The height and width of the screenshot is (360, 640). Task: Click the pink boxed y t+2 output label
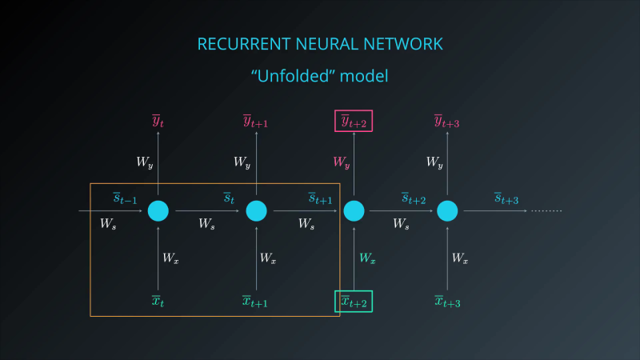354,122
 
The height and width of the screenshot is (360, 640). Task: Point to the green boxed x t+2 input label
354,302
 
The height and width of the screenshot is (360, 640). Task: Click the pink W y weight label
342,162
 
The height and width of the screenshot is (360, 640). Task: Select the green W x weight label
367,258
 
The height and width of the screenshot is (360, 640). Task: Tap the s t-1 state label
125,198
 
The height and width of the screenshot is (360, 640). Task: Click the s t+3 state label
506,198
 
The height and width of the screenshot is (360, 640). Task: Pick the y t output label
158,122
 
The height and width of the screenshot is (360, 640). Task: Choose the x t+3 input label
447,302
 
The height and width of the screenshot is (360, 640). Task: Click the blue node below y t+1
256,211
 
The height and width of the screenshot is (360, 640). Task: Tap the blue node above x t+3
447,211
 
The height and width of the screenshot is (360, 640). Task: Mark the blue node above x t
158,211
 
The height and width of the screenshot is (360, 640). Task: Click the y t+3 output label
447,122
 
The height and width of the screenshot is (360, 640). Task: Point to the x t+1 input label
255,302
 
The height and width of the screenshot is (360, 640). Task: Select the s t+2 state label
414,198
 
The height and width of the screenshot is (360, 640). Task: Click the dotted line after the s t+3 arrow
546,211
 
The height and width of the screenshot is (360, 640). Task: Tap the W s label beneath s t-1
108,224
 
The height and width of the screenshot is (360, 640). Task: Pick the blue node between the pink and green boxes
354,211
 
